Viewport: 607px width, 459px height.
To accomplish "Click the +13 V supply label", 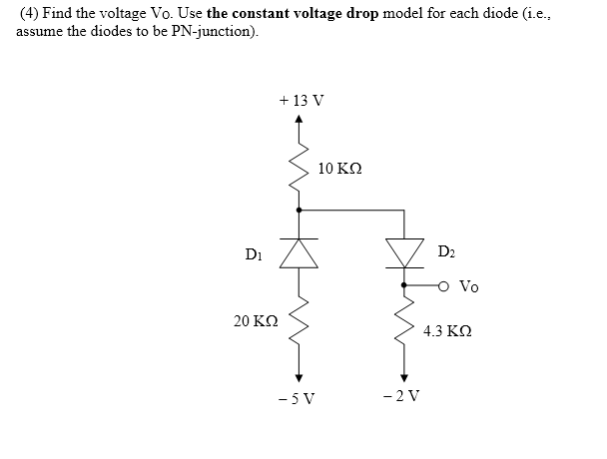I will click(x=303, y=101).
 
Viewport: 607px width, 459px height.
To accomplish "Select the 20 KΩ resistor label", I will click(x=255, y=321).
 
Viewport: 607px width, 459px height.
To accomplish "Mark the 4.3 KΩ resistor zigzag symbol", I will click(x=404, y=324).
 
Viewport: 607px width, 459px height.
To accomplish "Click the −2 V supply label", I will click(x=404, y=397).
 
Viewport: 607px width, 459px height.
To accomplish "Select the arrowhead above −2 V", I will click(x=404, y=376).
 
